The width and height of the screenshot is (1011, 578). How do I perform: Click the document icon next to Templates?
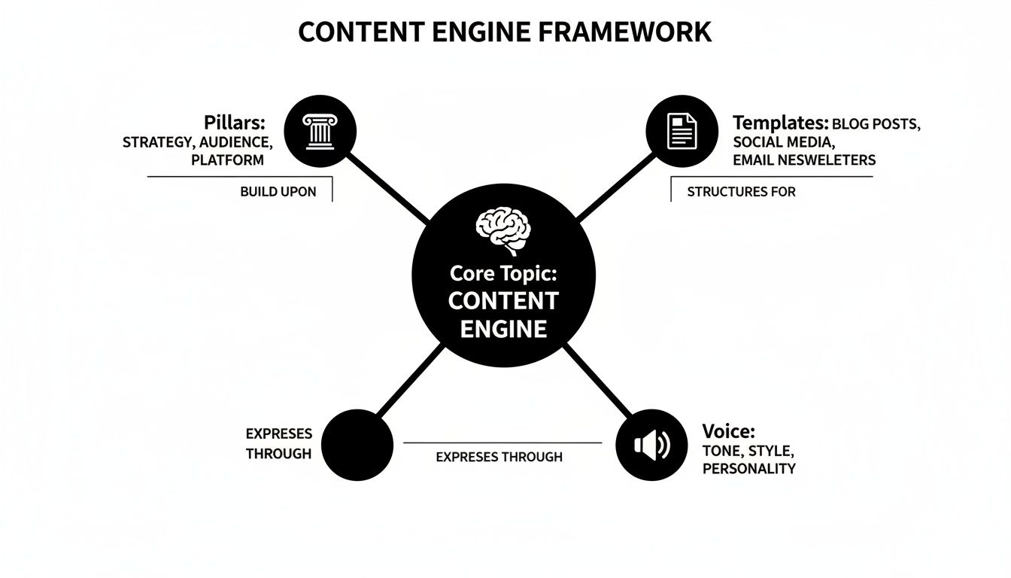click(x=682, y=132)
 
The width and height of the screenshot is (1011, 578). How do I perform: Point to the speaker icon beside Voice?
click(x=651, y=446)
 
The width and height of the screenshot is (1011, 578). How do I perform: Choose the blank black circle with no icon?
click(x=358, y=445)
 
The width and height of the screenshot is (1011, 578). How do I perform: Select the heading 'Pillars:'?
click(x=234, y=123)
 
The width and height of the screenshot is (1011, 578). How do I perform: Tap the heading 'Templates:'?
click(x=780, y=123)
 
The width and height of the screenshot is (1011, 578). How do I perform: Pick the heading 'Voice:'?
click(x=728, y=431)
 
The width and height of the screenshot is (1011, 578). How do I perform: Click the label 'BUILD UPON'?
click(x=278, y=192)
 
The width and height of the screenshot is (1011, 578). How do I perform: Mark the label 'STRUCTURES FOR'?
click(x=741, y=192)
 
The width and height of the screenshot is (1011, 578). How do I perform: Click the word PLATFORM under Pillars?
click(x=227, y=160)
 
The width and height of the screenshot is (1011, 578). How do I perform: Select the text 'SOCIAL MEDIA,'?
click(x=782, y=142)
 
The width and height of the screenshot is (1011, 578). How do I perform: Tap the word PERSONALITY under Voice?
click(x=748, y=468)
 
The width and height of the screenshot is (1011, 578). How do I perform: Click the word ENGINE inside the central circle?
click(x=503, y=328)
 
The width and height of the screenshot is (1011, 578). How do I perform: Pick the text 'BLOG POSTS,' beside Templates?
click(x=876, y=124)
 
